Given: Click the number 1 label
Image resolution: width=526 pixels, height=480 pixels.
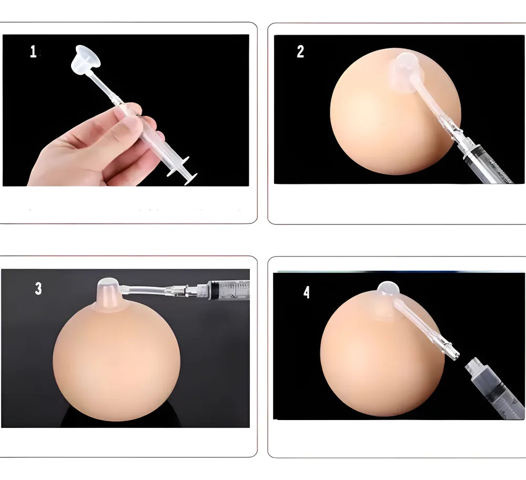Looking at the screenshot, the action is pos(33,52).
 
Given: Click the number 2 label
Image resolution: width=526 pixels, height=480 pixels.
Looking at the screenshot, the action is pos(300,52).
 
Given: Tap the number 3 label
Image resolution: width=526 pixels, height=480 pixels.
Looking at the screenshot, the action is pos(38,288).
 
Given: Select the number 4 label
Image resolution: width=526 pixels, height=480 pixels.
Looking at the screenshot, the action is pos(307,292).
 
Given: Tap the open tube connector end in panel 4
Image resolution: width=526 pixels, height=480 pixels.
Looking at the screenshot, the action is pos(453,354).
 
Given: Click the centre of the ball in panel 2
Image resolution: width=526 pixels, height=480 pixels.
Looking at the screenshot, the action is pos(396,111).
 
